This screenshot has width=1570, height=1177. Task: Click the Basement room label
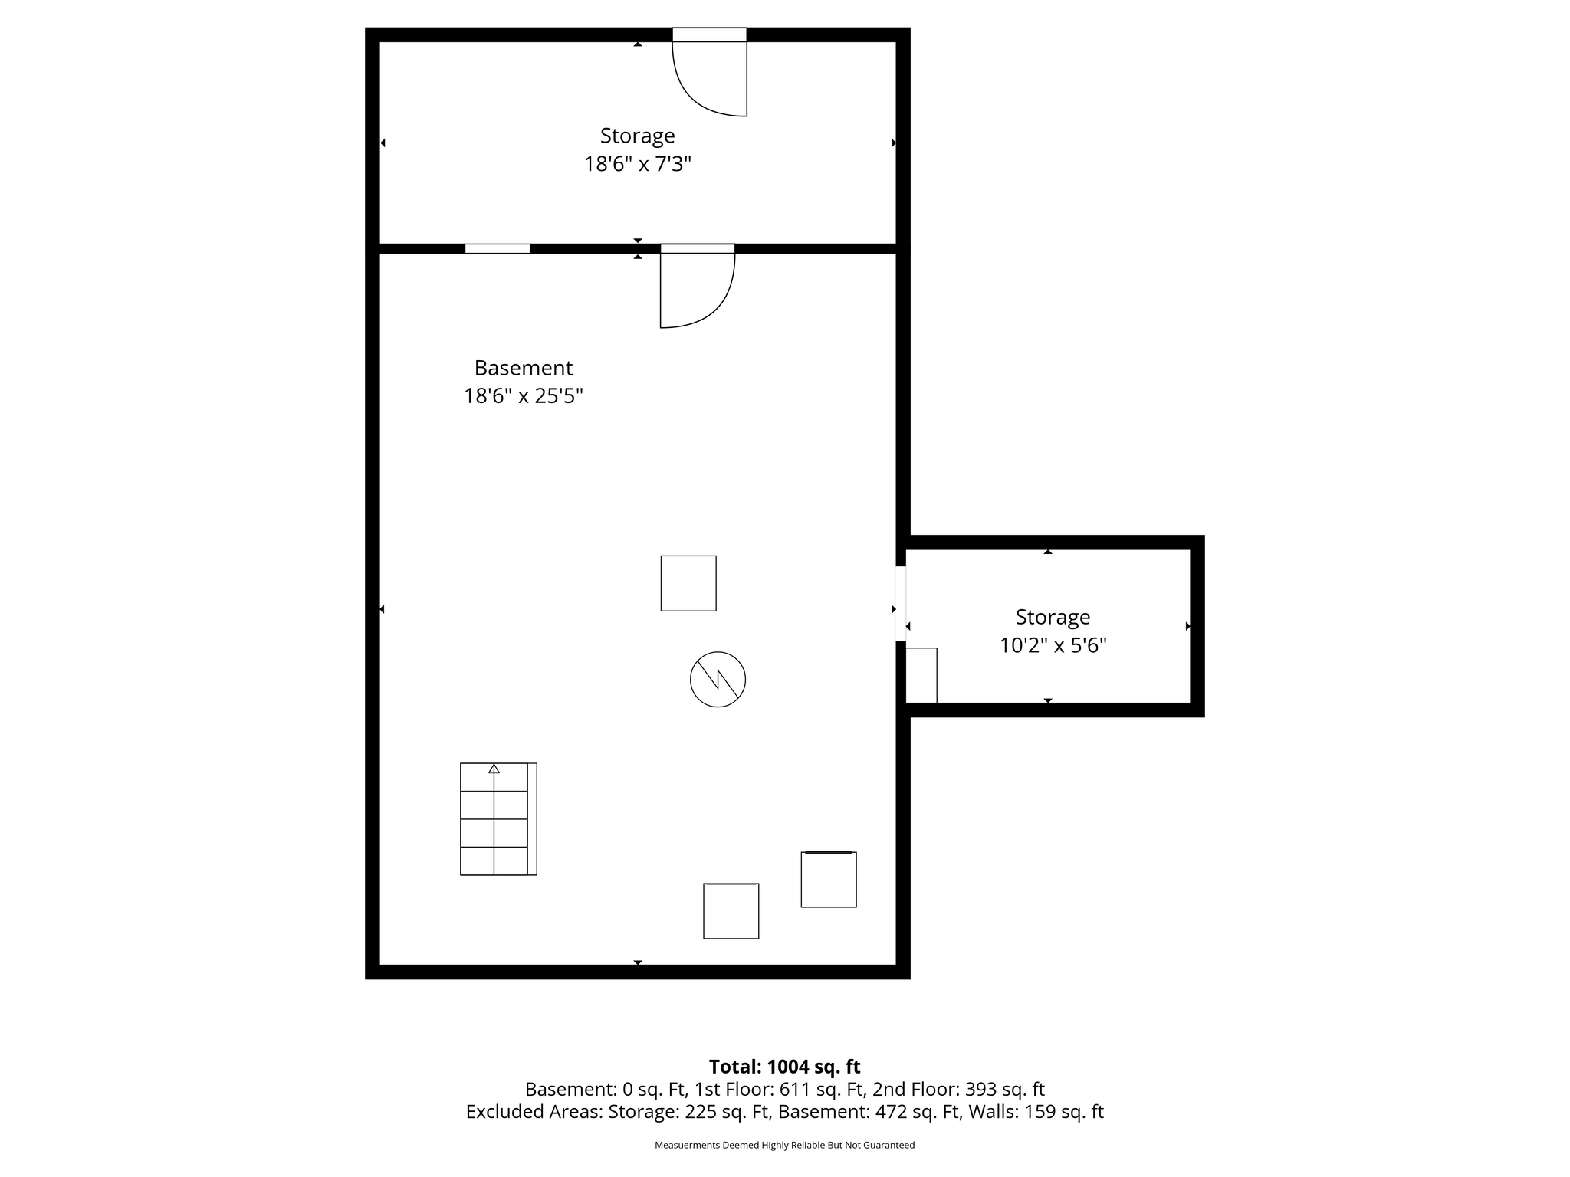tap(524, 368)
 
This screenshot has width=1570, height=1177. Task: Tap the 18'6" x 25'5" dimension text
tap(524, 396)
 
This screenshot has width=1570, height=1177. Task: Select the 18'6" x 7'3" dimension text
tap(638, 164)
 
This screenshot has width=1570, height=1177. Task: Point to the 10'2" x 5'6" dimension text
tap(1053, 645)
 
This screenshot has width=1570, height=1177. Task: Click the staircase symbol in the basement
tap(498, 818)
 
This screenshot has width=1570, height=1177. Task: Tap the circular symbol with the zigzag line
tap(718, 679)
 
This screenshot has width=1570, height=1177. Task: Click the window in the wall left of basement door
tap(498, 248)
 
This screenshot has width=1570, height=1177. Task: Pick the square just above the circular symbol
tap(688, 583)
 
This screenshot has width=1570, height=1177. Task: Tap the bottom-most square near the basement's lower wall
tap(731, 910)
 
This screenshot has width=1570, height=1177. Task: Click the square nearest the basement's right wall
tap(829, 879)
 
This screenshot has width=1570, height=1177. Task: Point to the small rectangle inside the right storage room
tap(921, 675)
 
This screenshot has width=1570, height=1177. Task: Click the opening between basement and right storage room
tap(901, 603)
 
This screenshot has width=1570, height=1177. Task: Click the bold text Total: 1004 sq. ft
tap(784, 1067)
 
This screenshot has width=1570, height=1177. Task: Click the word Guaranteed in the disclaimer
tap(892, 1145)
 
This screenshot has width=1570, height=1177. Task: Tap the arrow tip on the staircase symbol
tap(494, 765)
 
